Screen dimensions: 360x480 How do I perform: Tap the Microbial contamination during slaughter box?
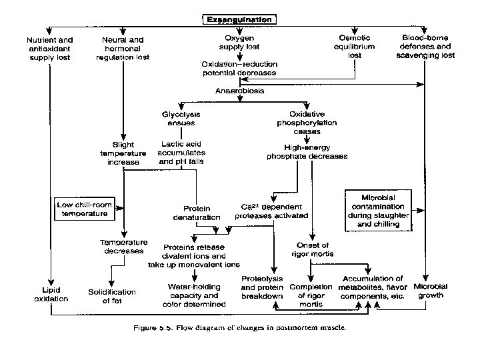click(x=379, y=211)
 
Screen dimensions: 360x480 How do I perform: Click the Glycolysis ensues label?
click(x=181, y=119)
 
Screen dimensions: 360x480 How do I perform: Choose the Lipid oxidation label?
click(x=51, y=295)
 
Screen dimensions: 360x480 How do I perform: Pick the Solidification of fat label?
click(x=112, y=296)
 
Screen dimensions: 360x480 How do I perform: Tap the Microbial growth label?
click(x=431, y=291)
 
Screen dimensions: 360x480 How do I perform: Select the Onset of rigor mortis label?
click(x=313, y=249)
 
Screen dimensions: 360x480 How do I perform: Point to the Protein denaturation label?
click(x=198, y=213)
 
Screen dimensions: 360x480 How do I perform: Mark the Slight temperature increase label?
click(x=123, y=153)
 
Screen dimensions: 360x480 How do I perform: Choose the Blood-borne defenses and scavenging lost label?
click(x=427, y=47)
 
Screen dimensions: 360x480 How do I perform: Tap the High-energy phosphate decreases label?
click(x=307, y=152)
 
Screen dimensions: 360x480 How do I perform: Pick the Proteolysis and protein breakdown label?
click(x=262, y=287)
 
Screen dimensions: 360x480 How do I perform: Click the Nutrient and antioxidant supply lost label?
click(x=51, y=48)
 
